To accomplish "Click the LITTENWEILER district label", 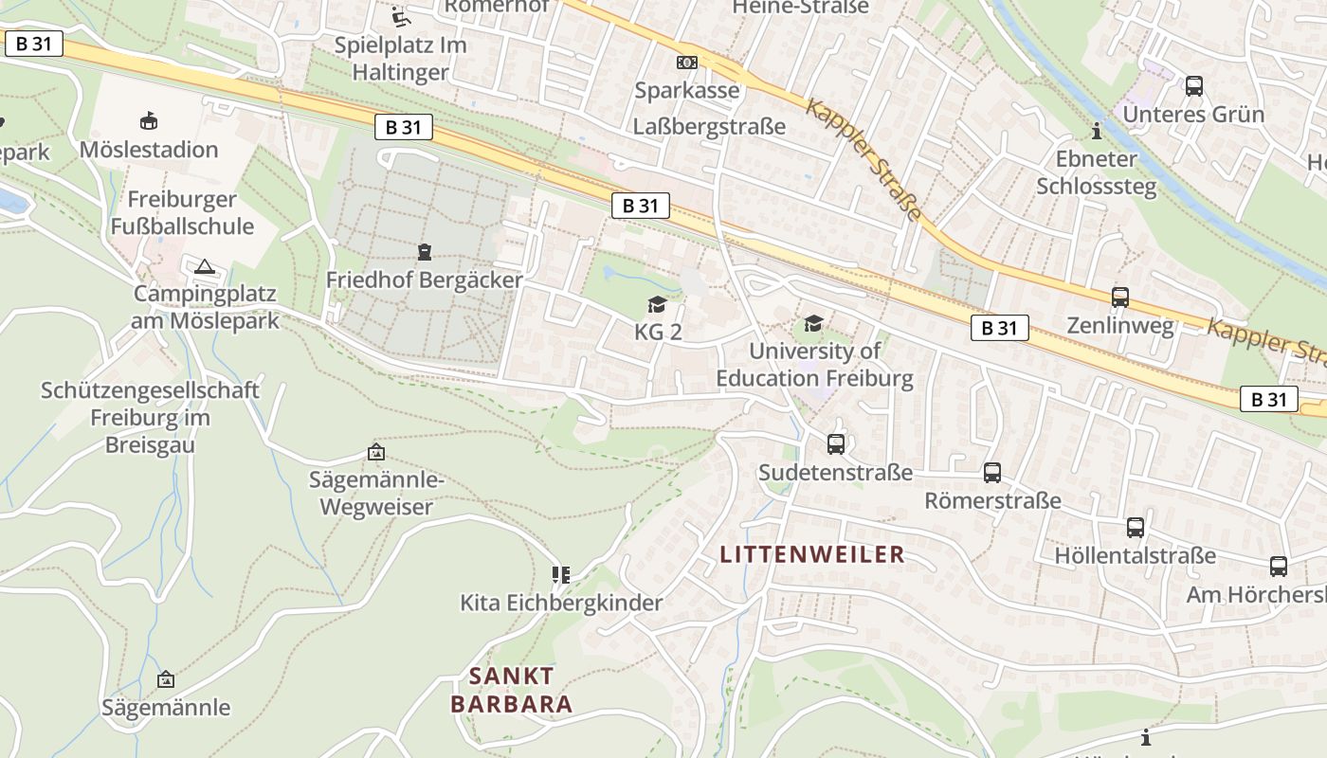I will point(812,554).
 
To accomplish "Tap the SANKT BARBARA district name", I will point(512,690).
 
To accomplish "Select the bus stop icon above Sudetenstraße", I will point(835,443).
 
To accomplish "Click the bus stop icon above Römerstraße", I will point(992,472).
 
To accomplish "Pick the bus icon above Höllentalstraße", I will point(1135,528).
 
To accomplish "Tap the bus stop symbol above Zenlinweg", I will point(1119,298).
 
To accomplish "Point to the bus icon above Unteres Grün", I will point(1193,86).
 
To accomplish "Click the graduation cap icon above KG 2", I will point(656,304).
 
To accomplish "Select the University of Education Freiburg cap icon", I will point(813,323).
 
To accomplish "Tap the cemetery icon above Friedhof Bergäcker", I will point(424,252).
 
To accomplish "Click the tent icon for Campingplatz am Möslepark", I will point(205,267).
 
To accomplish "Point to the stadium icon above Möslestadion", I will point(149,121).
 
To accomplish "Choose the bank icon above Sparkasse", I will point(686,63).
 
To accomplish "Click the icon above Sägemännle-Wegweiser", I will point(376,453).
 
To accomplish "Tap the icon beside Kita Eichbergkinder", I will point(560,575).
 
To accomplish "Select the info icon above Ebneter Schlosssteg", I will point(1097,131).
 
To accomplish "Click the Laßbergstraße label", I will point(709,126).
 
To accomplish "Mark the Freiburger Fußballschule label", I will point(182,213).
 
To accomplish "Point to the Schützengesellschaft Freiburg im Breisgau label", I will point(150,417).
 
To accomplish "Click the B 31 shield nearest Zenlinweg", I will point(999,328).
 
